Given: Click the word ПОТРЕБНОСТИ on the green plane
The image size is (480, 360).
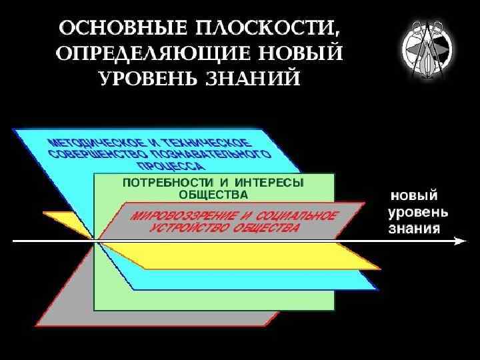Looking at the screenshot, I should click(x=155, y=183).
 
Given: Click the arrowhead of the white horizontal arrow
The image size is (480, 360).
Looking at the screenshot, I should click(x=459, y=241).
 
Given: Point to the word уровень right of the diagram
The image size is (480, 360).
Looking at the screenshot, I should click(x=418, y=213).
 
